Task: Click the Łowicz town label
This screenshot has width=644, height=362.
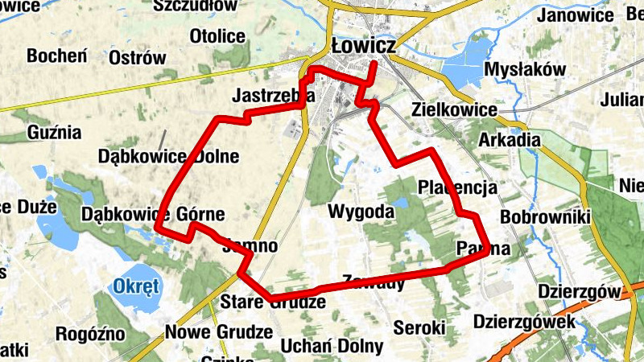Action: click(362, 47)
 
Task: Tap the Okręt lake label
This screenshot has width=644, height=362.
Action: click(137, 286)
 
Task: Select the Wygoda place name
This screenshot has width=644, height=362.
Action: click(361, 212)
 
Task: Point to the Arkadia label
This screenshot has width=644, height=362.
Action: click(509, 140)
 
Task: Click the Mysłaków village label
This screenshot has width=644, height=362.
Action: click(526, 70)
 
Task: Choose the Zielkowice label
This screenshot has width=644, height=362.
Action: click(453, 109)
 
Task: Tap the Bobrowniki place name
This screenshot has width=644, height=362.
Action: click(545, 216)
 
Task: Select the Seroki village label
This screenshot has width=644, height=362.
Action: click(419, 327)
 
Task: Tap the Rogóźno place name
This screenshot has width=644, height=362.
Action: click(90, 333)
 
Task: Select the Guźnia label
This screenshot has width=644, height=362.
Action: click(54, 131)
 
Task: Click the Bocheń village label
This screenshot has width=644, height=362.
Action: click(56, 56)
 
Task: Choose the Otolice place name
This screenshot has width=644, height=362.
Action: click(217, 36)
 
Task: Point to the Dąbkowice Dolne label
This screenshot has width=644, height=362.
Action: click(168, 156)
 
